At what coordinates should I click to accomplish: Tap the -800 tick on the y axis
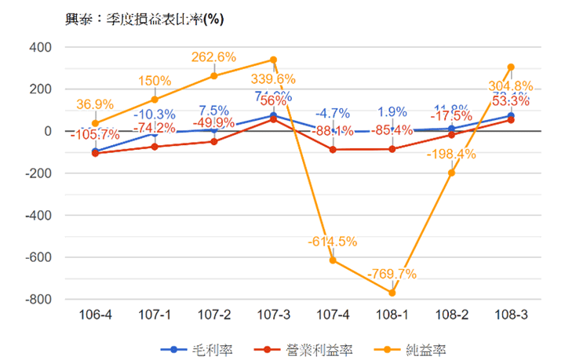(38, 300)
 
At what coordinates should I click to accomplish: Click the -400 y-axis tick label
(38, 215)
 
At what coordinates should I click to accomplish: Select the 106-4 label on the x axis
(95, 315)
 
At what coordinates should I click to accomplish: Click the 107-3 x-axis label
(273, 315)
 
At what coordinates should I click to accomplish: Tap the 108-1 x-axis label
(392, 315)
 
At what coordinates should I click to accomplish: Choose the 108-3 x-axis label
(510, 315)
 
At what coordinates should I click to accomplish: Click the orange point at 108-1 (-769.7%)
(392, 293)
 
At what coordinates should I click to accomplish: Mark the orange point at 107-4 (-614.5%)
(333, 260)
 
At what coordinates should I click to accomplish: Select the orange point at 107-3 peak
(273, 60)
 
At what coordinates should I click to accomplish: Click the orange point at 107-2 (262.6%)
(213, 76)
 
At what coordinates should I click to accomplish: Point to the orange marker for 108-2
(451, 173)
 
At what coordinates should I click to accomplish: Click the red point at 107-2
(213, 141)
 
